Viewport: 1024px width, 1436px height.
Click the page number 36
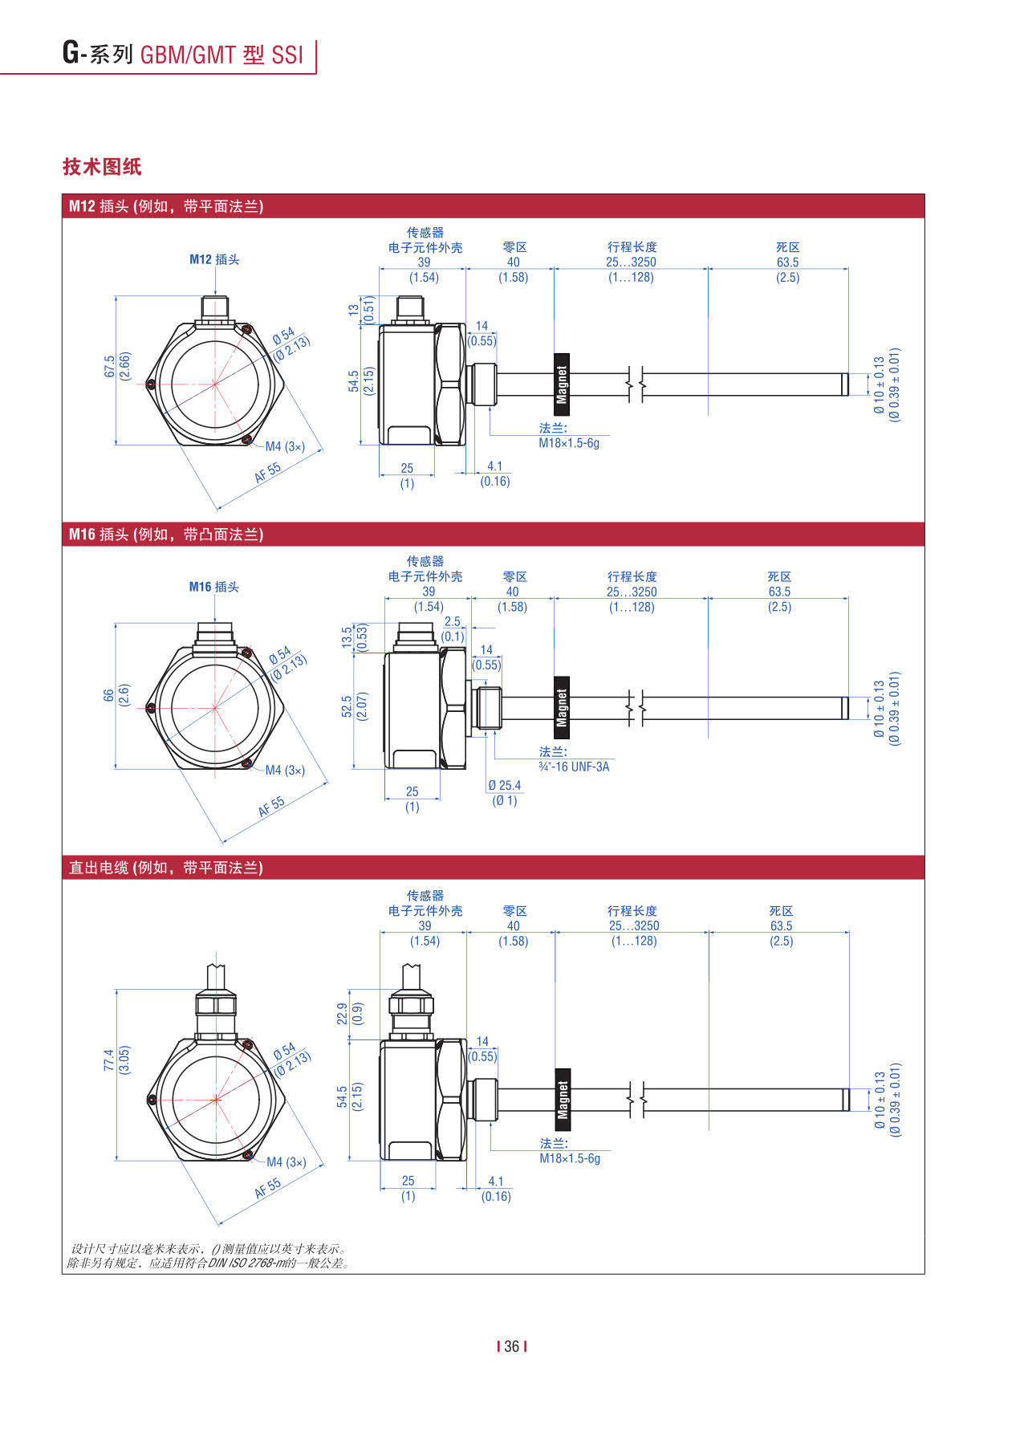tap(512, 1346)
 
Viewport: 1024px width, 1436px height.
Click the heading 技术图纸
tap(102, 167)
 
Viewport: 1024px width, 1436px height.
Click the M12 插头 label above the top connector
tap(214, 259)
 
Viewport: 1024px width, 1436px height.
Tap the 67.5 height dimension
tap(109, 367)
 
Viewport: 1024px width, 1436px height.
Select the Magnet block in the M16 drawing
tap(563, 708)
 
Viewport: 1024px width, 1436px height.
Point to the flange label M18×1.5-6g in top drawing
tap(569, 443)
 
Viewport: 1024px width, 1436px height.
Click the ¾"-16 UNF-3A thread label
tap(574, 767)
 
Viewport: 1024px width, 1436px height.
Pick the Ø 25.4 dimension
tap(504, 785)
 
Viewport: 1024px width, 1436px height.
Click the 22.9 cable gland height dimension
tap(343, 1013)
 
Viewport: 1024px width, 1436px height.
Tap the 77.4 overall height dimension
tap(109, 1060)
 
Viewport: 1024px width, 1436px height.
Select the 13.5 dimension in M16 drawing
tap(347, 637)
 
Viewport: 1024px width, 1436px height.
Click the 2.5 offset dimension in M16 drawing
tap(453, 621)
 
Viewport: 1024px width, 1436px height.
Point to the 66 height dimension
tap(109, 695)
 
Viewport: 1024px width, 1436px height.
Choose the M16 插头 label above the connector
tap(214, 587)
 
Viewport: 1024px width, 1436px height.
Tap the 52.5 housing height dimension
tap(347, 706)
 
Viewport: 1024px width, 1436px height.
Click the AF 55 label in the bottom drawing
tap(268, 1188)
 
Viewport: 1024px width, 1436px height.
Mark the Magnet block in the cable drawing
tap(563, 1100)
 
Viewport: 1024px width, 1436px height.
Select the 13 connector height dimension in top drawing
tap(354, 309)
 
